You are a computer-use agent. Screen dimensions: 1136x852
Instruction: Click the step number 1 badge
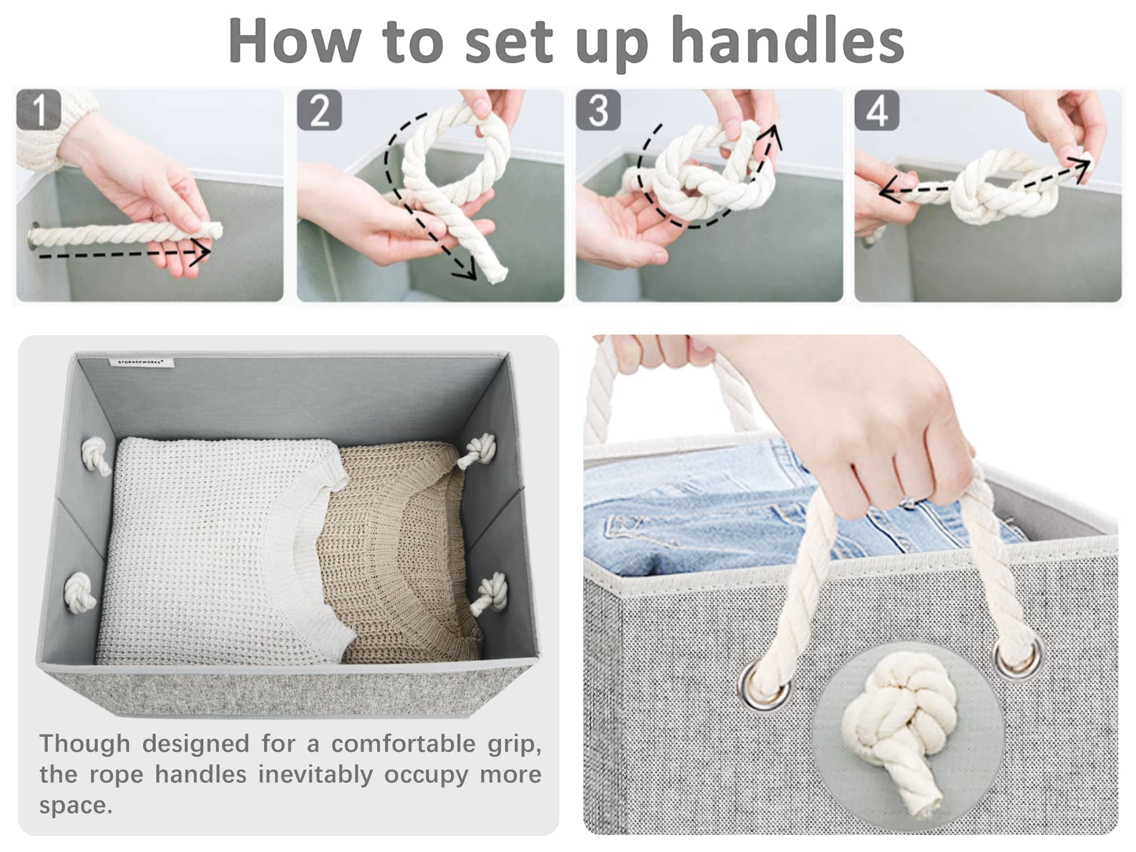(x=39, y=110)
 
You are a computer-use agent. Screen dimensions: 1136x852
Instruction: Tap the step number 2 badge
(x=319, y=110)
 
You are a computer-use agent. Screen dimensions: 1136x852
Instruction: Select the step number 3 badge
(x=598, y=110)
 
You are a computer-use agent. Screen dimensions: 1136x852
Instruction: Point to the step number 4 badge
(x=877, y=110)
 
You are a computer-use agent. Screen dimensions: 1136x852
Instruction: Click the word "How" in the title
(x=294, y=41)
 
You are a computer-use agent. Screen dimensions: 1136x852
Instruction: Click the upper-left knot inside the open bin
(x=96, y=457)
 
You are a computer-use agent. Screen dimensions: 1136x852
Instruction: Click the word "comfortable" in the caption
(x=403, y=744)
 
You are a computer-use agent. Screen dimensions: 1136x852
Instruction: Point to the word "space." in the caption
(x=76, y=805)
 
